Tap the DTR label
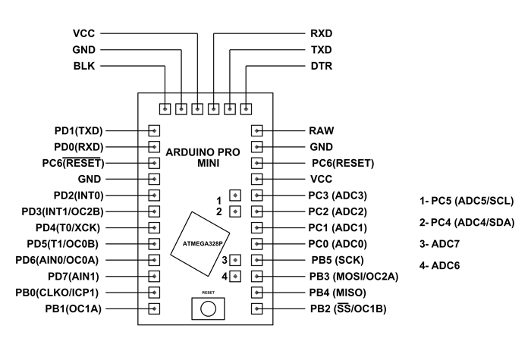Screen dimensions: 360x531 click(322, 66)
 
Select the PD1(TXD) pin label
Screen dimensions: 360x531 click(79, 130)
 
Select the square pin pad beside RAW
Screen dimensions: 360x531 click(257, 130)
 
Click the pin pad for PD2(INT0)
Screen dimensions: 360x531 click(155, 195)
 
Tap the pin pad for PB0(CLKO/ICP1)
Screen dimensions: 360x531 click(155, 292)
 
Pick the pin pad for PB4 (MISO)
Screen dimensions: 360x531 click(257, 292)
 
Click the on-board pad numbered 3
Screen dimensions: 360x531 click(235, 260)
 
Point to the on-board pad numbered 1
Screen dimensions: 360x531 click(235, 196)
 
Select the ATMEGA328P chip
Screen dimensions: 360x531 click(202, 243)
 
